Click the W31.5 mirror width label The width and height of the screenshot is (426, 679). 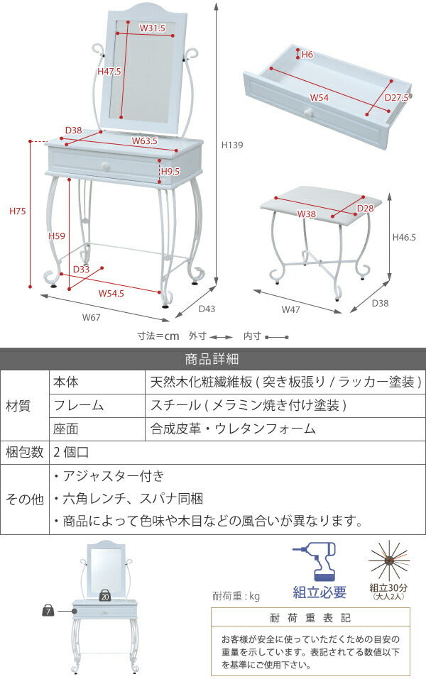tap(152, 28)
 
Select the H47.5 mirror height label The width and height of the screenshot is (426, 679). tap(109, 72)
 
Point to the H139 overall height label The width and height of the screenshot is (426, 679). tap(232, 145)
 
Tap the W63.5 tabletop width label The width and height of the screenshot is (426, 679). tap(144, 141)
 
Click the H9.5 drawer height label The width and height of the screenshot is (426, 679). tap(170, 172)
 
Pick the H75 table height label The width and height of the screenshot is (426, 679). tap(18, 211)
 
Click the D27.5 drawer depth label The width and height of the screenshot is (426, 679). tap(396, 98)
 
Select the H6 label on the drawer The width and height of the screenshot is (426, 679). tap(307, 54)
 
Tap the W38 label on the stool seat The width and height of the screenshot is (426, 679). tap(307, 214)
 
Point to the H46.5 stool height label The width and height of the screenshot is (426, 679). tap(404, 238)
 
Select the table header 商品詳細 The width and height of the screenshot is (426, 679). tap(212, 358)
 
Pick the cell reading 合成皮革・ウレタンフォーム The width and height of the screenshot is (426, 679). tap(233, 429)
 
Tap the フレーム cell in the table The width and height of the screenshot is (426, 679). tap(78, 406)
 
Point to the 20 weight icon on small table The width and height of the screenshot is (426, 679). tap(105, 595)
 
